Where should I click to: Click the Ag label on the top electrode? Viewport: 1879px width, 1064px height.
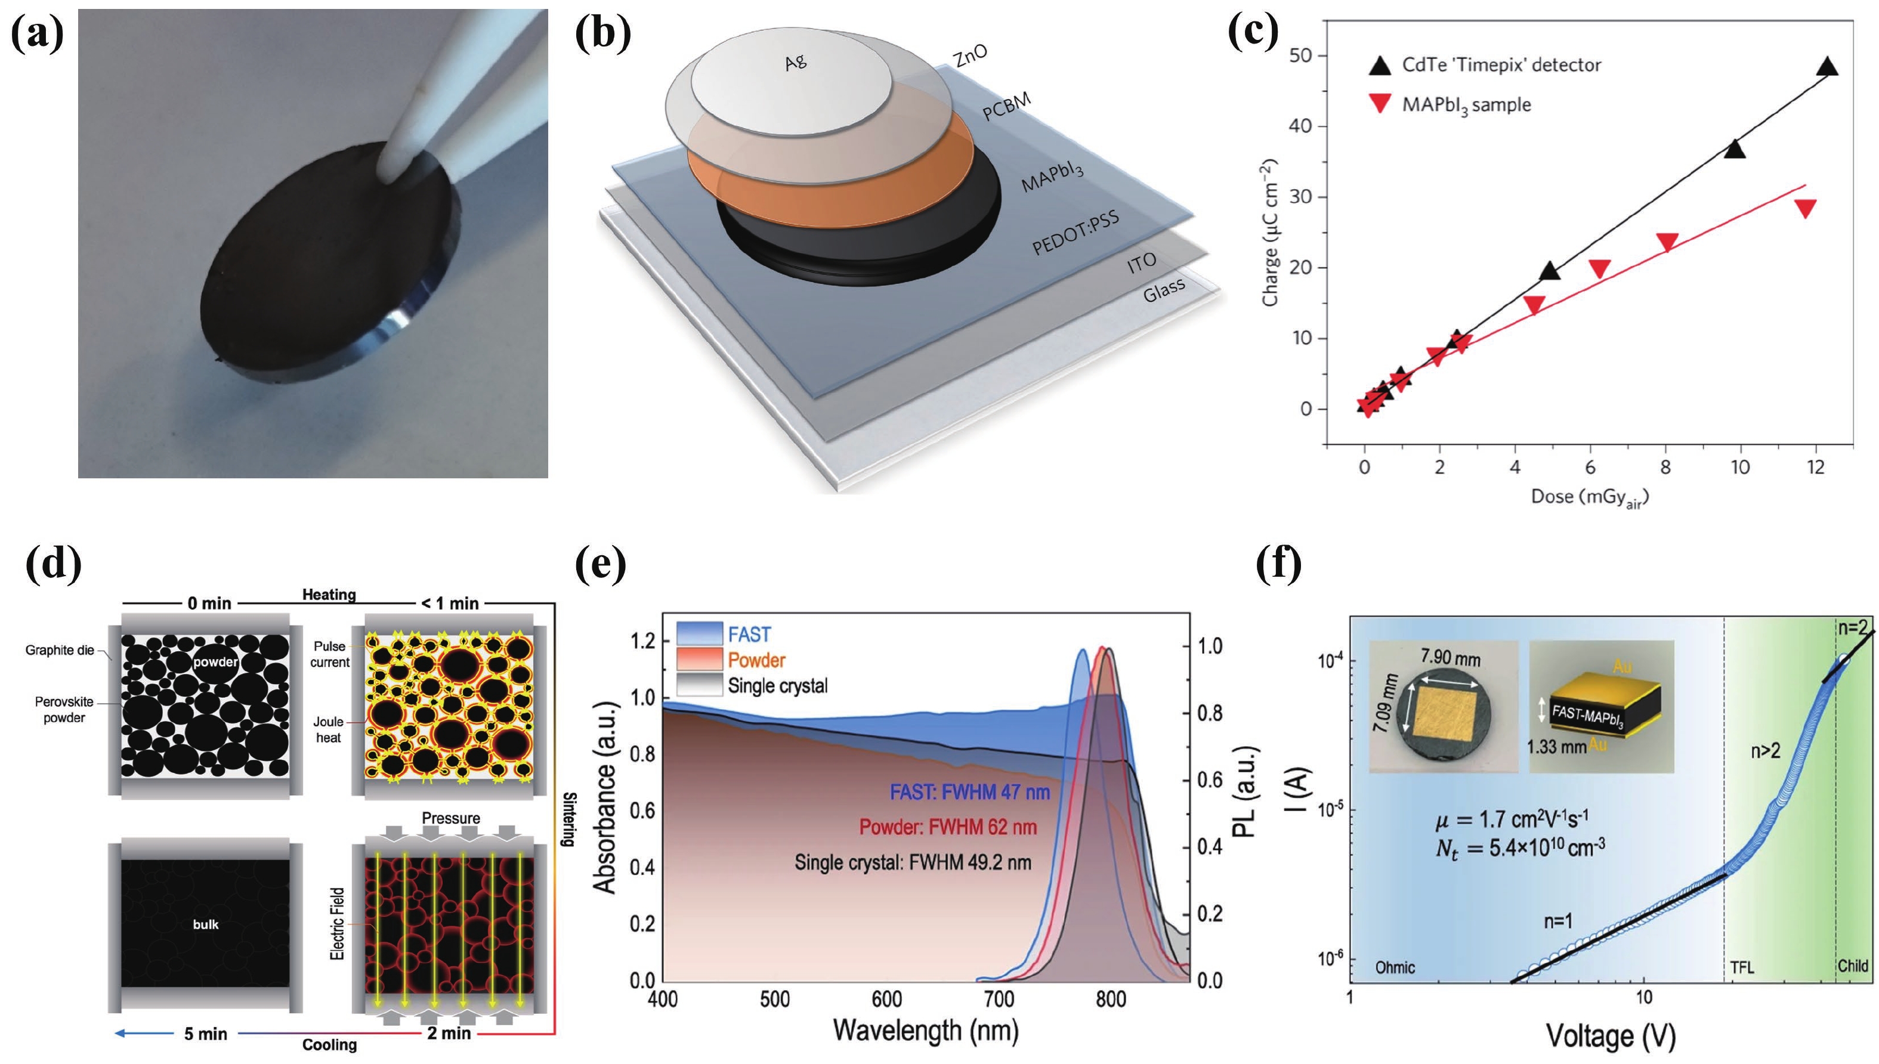coord(795,61)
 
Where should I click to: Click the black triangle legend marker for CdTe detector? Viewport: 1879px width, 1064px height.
coord(1380,66)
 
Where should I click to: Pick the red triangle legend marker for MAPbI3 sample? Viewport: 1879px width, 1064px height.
coord(1380,104)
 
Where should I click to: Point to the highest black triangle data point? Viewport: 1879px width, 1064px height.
coord(1827,67)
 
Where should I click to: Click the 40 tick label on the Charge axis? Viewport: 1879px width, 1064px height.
coord(1300,126)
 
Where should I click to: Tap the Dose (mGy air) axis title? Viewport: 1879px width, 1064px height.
coord(1590,497)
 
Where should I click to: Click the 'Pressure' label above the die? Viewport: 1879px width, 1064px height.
coord(450,818)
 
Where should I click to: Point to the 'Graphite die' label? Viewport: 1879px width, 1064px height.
coord(59,649)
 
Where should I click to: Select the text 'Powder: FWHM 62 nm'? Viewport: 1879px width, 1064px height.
coord(948,827)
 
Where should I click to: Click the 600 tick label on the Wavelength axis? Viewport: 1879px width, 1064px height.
coord(886,998)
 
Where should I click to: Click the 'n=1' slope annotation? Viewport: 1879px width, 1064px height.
coord(1557,921)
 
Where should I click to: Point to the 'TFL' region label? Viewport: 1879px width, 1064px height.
coord(1742,967)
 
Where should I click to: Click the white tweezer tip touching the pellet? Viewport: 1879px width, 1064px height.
coord(391,172)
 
